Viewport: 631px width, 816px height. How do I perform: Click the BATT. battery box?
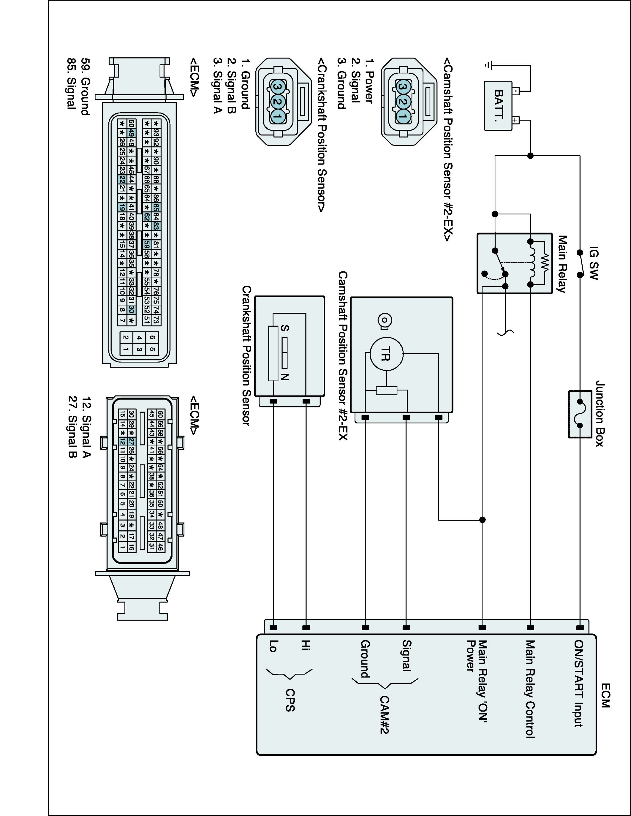click(498, 106)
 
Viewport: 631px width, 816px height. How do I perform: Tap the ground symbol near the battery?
click(487, 65)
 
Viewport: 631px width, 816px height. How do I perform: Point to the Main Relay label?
click(561, 263)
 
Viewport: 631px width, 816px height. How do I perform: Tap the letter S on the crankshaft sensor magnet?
click(285, 328)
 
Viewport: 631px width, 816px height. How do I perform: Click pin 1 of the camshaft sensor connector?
click(403, 117)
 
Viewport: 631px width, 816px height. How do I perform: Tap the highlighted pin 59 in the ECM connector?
click(147, 245)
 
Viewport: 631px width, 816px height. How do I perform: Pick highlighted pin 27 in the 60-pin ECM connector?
click(131, 441)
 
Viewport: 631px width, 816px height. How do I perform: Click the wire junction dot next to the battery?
click(530, 156)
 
